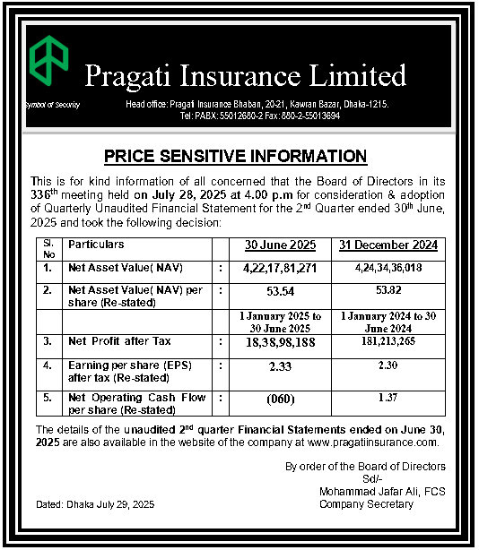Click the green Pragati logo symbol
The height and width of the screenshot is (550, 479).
[x=48, y=61]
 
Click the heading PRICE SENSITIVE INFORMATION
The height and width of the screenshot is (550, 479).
[x=235, y=157]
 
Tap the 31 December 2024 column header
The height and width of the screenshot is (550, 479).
[x=388, y=245]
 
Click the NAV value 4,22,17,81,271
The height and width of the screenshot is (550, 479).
[x=280, y=268]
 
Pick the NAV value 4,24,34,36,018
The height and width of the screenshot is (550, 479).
[x=388, y=267]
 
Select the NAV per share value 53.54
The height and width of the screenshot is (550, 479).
[x=280, y=292]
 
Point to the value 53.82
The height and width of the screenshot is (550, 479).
[x=388, y=291]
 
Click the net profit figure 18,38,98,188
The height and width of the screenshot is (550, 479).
[x=279, y=343]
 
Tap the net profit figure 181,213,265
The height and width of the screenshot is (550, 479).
[x=388, y=342]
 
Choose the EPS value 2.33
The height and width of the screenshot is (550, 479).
[x=280, y=367]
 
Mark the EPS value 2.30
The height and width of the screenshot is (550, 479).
[x=388, y=366]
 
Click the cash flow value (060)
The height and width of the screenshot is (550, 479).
[x=280, y=398]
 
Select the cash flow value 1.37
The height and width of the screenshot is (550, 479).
[x=388, y=397]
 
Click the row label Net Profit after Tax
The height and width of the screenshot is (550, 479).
[x=119, y=342]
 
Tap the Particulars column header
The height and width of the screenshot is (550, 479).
[x=96, y=245]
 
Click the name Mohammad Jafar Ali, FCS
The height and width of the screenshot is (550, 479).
[x=382, y=492]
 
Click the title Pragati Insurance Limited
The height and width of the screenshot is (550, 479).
[x=246, y=75]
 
